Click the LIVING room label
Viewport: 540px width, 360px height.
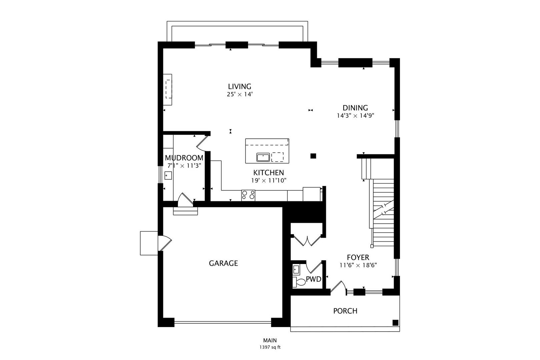(x=239, y=87)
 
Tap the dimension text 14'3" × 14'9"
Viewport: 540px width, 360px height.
(x=356, y=116)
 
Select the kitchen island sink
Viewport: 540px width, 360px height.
(x=263, y=157)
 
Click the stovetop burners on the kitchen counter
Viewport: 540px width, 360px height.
(x=248, y=195)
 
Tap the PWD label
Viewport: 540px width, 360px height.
(x=313, y=279)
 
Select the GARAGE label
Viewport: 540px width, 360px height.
(x=223, y=263)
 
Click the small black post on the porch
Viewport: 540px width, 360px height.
(x=395, y=322)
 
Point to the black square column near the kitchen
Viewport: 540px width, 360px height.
(x=313, y=156)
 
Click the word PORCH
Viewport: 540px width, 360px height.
(x=345, y=311)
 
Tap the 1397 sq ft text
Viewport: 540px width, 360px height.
(x=270, y=347)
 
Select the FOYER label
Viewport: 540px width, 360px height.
(x=358, y=257)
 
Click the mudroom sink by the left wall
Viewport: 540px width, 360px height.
(x=168, y=175)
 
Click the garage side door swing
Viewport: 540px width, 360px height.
(x=164, y=242)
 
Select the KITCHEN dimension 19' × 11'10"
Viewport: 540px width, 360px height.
(x=269, y=180)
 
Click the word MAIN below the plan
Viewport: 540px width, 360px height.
(x=270, y=341)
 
